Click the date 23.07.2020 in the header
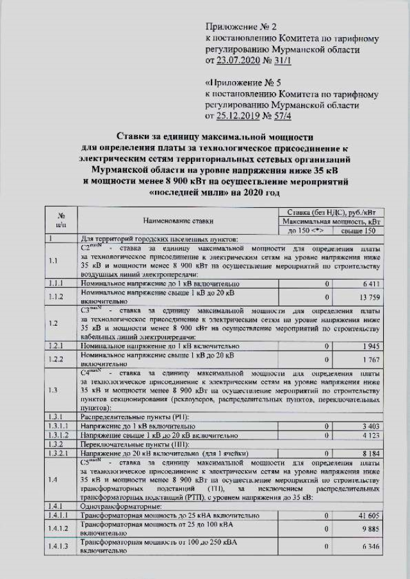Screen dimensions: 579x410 pyautogui.click(x=243, y=61)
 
